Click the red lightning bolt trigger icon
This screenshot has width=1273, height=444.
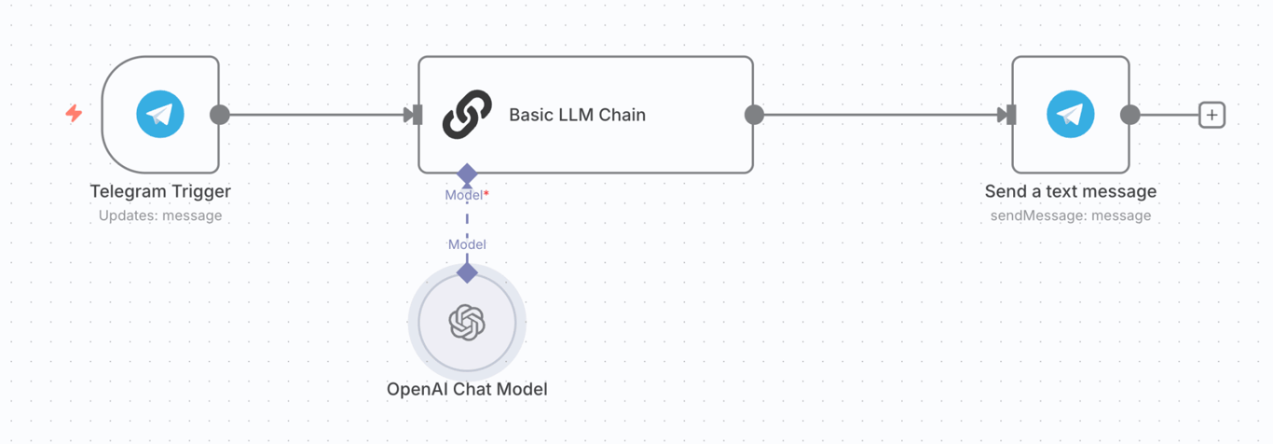pyautogui.click(x=74, y=114)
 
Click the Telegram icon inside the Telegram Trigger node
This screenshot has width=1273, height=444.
pyautogui.click(x=160, y=115)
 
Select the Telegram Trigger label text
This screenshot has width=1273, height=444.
pyautogui.click(x=160, y=191)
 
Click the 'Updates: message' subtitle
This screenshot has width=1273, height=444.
pyautogui.click(x=160, y=215)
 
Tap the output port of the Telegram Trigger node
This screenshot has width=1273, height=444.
pyautogui.click(x=220, y=115)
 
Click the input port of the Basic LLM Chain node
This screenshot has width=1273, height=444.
pyautogui.click(x=415, y=115)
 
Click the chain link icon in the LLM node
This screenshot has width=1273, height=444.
pyautogui.click(x=467, y=115)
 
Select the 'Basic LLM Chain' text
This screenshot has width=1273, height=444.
pyautogui.click(x=577, y=115)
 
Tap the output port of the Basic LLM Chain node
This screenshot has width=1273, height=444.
pyautogui.click(x=755, y=115)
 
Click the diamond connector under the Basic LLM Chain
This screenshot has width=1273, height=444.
pyautogui.click(x=467, y=174)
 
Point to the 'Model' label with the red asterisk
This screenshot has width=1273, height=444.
pyautogui.click(x=466, y=195)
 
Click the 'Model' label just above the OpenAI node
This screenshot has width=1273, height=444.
pyautogui.click(x=467, y=244)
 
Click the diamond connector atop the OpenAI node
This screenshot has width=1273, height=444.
pyautogui.click(x=467, y=272)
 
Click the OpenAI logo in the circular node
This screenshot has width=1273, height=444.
pyautogui.click(x=467, y=323)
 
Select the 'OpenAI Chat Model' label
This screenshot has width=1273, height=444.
pyautogui.click(x=467, y=389)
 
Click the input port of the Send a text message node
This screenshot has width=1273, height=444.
pyautogui.click(x=1008, y=115)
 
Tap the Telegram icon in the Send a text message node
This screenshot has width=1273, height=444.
pyautogui.click(x=1070, y=115)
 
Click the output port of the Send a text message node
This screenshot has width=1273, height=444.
pyautogui.click(x=1130, y=115)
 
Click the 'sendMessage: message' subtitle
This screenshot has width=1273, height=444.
pyautogui.click(x=1070, y=215)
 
